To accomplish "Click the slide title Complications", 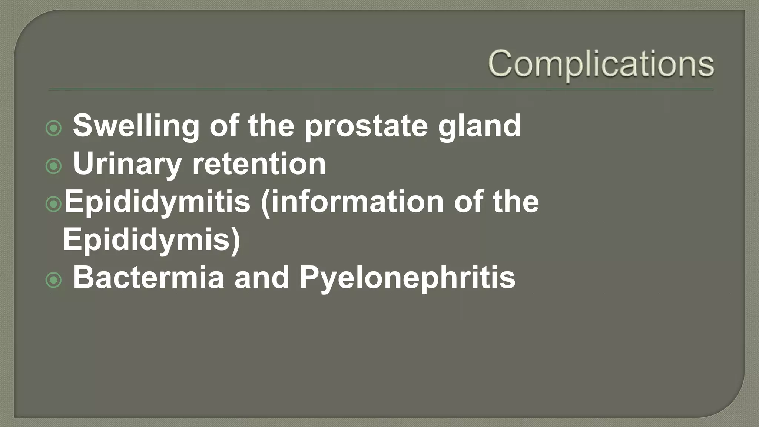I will pos(601,64).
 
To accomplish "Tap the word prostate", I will pos(366,126).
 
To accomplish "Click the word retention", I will pos(259,164).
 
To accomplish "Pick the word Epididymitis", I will pos(157,202).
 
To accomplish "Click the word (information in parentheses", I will pos(352,202).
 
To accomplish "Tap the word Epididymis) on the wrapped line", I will pos(152,239).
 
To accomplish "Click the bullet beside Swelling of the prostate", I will pos(53,129).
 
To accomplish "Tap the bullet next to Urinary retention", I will pos(53,166).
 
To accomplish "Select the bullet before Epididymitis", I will pos(53,204).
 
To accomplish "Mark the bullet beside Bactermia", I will pos(53,280).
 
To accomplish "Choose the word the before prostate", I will pos(271,126).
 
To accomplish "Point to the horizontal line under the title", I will pos(381,90).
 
